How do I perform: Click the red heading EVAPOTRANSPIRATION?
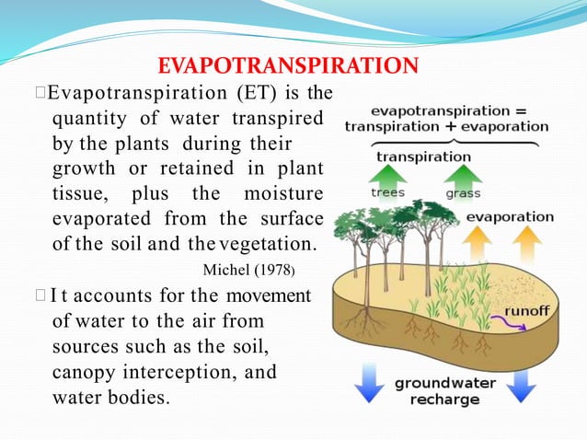289,66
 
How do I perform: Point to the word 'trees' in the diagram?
387,193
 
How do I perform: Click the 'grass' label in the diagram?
463,194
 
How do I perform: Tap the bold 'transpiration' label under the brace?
423,156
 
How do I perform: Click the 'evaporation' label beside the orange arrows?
509,217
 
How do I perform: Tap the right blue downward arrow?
521,383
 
